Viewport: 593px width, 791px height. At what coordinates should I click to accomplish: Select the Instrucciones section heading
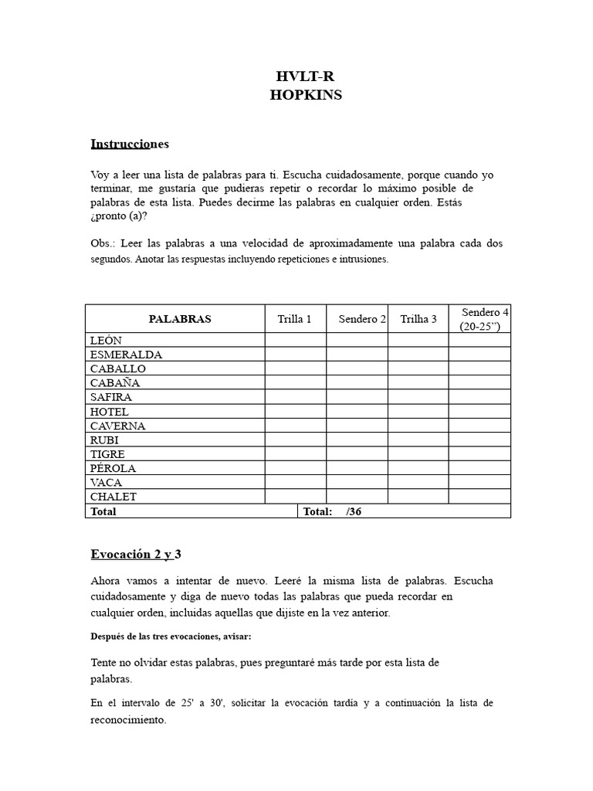(129, 144)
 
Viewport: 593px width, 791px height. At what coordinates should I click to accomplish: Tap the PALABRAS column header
(179, 319)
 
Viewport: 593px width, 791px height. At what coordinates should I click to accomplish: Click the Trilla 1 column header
(295, 319)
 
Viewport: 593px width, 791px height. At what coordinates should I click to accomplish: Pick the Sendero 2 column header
(361, 319)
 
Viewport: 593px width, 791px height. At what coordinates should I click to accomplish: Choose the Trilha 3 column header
(418, 319)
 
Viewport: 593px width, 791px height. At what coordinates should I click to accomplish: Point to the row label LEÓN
(106, 341)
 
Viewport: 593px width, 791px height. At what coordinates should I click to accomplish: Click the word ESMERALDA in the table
(126, 355)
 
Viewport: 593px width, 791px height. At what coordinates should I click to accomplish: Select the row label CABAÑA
(115, 383)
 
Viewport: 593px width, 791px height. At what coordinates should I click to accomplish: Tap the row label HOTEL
(110, 412)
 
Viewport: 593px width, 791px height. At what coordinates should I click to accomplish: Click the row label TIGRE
(107, 454)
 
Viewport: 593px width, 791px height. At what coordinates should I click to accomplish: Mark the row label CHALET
(113, 497)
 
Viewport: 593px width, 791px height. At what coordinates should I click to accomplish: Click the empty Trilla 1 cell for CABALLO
(295, 368)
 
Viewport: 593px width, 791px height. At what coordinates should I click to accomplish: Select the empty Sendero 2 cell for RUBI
(357, 440)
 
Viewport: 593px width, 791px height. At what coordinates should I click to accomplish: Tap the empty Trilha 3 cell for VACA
(418, 482)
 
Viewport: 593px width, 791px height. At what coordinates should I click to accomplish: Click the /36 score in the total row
(354, 511)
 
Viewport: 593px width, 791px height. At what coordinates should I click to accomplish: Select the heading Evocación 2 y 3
(136, 555)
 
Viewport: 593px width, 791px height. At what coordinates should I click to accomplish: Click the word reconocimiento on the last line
(127, 719)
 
